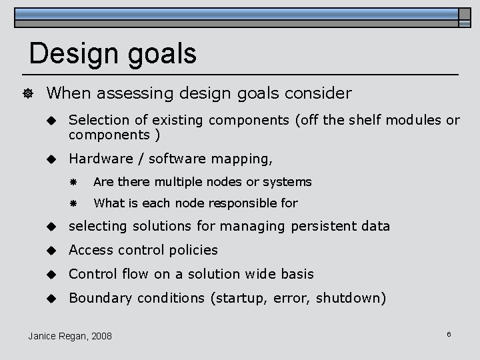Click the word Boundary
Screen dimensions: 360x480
(x=98, y=298)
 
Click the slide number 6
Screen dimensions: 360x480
(x=449, y=333)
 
